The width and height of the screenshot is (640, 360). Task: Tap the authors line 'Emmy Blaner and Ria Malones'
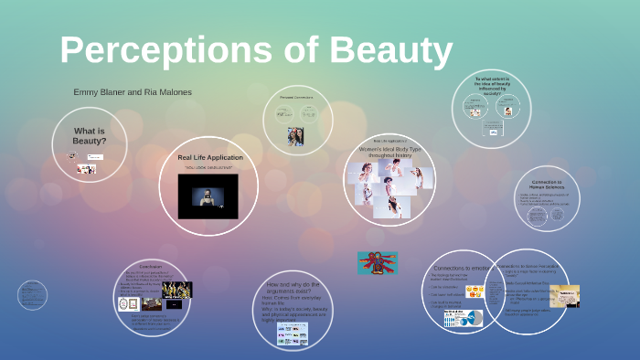[x=133, y=92]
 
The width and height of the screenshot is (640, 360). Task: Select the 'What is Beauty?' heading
[x=90, y=136]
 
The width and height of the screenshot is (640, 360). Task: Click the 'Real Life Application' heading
[x=210, y=158]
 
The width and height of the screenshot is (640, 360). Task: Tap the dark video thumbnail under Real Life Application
[x=208, y=196]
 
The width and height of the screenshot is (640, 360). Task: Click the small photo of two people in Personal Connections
[x=295, y=136]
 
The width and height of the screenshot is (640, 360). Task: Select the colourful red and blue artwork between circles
[x=377, y=263]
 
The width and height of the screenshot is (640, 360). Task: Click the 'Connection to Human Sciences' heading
[x=549, y=185]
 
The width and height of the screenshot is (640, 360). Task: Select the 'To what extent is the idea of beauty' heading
[x=491, y=87]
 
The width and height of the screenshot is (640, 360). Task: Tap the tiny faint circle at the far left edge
[x=32, y=294]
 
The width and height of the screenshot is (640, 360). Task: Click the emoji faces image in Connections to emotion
[x=475, y=292]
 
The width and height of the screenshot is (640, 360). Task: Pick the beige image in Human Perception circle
[x=564, y=296]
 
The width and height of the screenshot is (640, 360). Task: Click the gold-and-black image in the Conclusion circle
[x=176, y=290]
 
